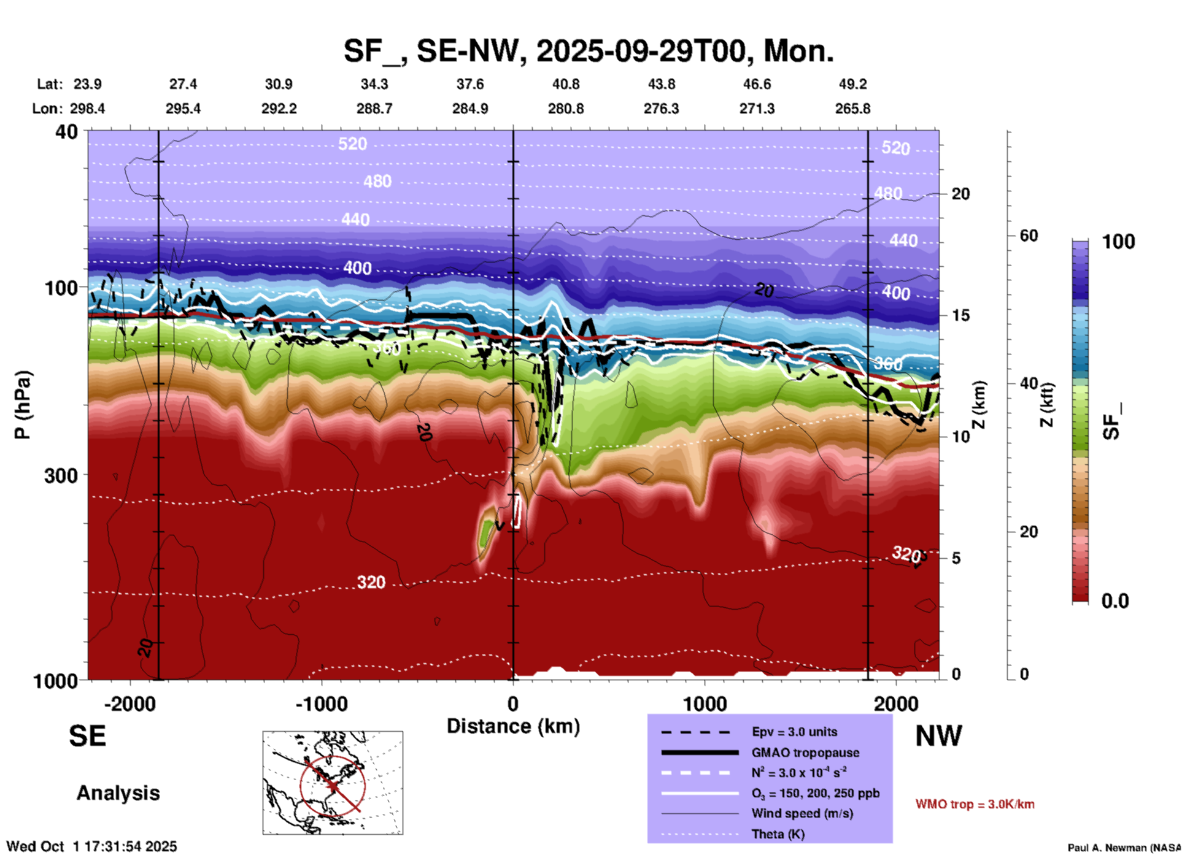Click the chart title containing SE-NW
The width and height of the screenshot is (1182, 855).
[588, 50]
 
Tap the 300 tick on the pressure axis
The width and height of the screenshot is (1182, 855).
[61, 475]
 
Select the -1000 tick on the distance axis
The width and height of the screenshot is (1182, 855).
[321, 704]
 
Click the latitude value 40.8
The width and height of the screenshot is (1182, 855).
[565, 84]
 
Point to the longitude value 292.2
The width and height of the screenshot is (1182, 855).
[279, 109]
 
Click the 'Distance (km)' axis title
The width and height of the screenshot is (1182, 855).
[513, 726]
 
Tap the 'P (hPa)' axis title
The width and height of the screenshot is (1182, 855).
[22, 405]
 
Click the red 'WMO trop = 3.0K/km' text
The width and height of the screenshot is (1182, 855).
[975, 804]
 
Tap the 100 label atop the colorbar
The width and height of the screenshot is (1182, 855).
[1118, 242]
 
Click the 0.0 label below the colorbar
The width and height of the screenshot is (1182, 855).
[1115, 601]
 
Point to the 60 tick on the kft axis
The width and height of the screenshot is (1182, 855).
[1029, 236]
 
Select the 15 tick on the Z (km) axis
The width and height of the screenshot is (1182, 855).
[960, 315]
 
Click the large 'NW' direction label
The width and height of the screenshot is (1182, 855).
[938, 736]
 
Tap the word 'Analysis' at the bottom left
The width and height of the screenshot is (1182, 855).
[118, 793]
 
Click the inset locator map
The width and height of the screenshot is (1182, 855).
[333, 783]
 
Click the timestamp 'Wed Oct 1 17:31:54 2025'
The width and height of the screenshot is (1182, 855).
[91, 846]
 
